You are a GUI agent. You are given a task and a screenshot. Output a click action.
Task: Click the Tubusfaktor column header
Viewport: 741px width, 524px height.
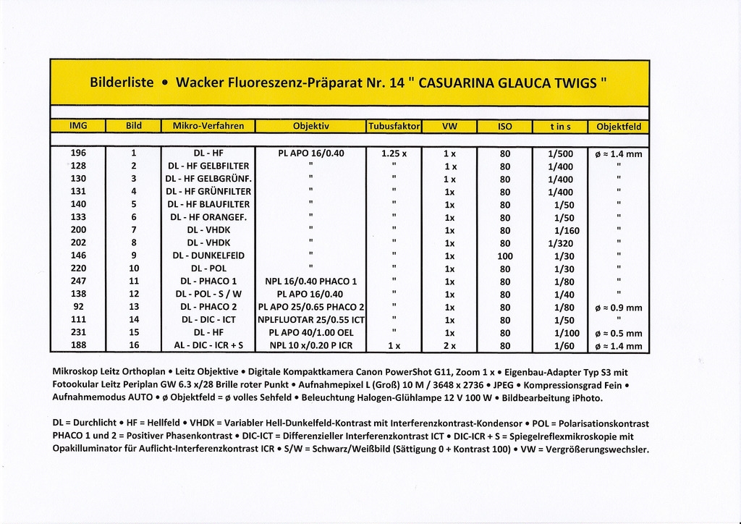point(394,126)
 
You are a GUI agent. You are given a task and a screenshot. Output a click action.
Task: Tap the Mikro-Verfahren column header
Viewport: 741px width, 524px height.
point(208,126)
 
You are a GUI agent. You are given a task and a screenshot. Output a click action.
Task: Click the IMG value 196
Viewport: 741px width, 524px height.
point(79,153)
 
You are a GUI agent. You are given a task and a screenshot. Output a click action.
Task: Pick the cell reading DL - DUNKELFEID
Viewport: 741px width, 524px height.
point(208,255)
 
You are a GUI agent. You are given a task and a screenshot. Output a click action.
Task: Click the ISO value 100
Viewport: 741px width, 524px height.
point(505,255)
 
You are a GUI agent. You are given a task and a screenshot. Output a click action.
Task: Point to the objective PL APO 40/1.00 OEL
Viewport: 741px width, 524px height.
point(310,333)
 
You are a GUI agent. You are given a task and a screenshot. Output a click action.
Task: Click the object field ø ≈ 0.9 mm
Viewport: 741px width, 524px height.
point(618,308)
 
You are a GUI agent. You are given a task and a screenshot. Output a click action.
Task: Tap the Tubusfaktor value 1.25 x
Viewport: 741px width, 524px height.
point(394,153)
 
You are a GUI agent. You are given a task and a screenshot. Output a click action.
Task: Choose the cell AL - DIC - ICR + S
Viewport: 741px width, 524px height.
point(208,346)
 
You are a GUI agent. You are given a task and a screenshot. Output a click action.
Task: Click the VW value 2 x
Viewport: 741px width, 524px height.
point(449,346)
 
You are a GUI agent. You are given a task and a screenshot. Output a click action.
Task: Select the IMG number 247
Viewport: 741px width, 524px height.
point(79,281)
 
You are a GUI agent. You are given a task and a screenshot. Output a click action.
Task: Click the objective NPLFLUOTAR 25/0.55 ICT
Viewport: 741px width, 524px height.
point(310,320)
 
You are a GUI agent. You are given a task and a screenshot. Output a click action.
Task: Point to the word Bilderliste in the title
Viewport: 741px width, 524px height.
point(122,83)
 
